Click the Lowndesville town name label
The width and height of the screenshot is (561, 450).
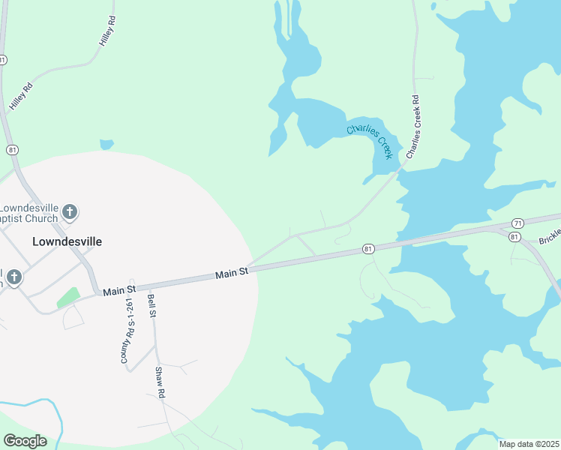(67, 242)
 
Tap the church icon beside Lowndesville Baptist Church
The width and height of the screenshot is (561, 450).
(70, 212)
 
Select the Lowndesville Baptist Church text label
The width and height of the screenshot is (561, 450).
(30, 213)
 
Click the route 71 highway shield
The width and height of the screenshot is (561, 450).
(517, 223)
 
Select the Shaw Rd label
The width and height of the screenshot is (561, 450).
(159, 382)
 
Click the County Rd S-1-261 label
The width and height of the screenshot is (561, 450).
(127, 331)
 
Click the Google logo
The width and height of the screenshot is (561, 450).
(25, 440)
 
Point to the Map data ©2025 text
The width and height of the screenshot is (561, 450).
(528, 443)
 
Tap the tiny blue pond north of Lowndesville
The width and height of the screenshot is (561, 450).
(106, 144)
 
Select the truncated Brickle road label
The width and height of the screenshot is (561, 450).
(550, 240)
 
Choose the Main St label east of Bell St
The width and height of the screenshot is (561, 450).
(231, 274)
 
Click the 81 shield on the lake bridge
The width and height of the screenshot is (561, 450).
(367, 248)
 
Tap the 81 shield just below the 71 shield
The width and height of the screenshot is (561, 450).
(514, 237)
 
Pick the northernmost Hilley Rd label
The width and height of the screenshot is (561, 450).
(109, 32)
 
